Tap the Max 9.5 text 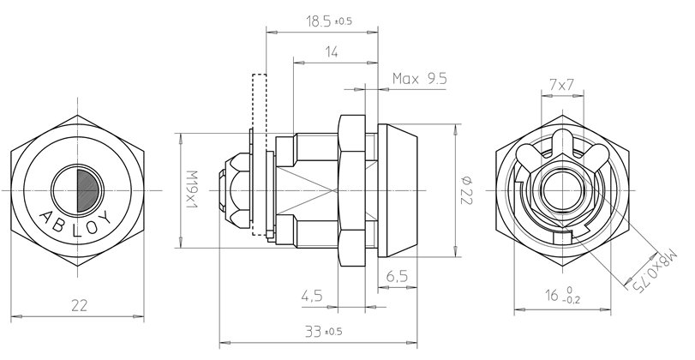tap(420, 79)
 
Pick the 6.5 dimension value tap(396, 276)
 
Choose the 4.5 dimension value tap(311, 297)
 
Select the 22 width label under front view tap(78, 303)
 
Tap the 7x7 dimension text tap(561, 85)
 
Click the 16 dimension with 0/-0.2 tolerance tap(566, 297)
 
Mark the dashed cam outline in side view tap(259, 154)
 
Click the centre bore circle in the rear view tap(562, 187)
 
